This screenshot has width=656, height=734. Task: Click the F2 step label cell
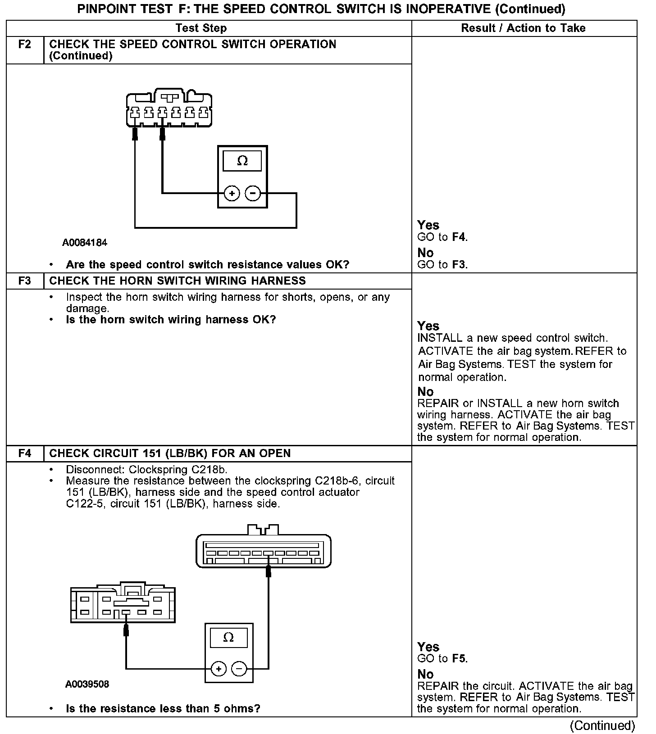(25, 45)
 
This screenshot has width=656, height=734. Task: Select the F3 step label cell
(25, 281)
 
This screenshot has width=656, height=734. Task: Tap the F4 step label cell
(25, 453)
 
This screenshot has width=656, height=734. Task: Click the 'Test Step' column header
(201, 28)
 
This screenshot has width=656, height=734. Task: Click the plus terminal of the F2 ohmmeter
(232, 194)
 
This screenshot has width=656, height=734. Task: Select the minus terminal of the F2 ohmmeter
(253, 194)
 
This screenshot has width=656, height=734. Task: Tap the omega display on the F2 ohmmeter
(242, 161)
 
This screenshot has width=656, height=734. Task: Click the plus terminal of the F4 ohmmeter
(219, 669)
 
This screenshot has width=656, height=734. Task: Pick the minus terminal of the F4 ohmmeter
(239, 669)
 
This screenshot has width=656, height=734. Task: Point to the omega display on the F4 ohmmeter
(228, 637)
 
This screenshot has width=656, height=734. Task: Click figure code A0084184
(85, 243)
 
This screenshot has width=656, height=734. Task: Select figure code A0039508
(87, 684)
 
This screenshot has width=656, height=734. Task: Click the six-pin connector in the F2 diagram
(169, 109)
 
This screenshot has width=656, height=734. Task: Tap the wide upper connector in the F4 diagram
(264, 550)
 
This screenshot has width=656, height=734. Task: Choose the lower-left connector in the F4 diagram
(123, 604)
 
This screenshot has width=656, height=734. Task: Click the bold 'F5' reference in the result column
(459, 658)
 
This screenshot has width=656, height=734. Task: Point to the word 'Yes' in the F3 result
(428, 326)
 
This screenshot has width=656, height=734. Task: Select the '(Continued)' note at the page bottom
(602, 725)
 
